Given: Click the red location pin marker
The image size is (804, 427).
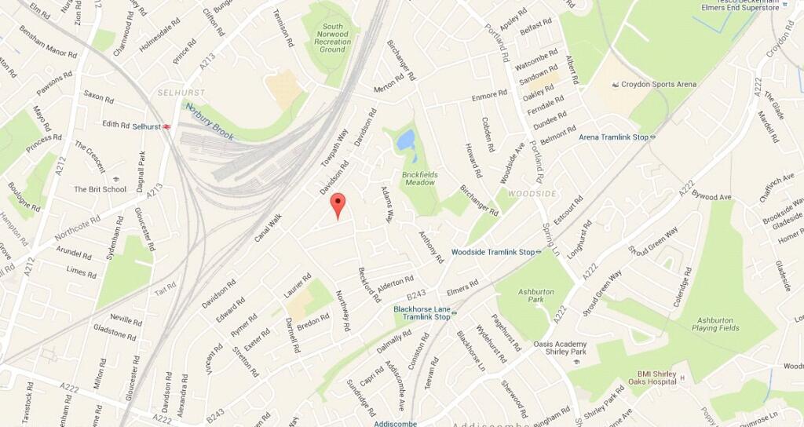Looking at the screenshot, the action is click(x=338, y=204).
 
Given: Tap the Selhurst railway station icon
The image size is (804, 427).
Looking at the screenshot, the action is click(x=167, y=126).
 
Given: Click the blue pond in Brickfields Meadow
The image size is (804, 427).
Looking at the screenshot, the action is click(x=406, y=141).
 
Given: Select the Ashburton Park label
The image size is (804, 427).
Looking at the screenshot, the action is click(x=536, y=296).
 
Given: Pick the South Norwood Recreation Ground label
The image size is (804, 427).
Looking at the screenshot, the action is click(x=332, y=38).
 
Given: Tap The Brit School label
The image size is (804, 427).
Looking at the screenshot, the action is click(x=100, y=189).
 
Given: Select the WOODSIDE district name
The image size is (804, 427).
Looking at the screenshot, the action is click(x=532, y=193).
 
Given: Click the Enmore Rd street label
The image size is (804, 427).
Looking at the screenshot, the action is click(x=490, y=96).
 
